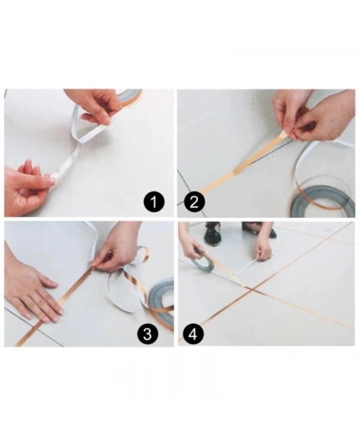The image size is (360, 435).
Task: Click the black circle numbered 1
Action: (154, 203)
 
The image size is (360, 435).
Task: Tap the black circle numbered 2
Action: (193, 203)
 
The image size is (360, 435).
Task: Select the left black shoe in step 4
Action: (212, 235)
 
